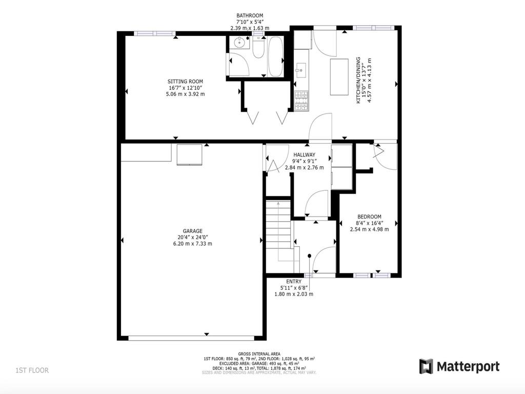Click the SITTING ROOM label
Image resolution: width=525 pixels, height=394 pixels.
[185, 82]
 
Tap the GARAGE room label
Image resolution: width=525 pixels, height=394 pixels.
[192, 231]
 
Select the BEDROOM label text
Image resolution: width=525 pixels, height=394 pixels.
[369, 216]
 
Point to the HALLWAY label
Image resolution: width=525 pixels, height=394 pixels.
[304, 155]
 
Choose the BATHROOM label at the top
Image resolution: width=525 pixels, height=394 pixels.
[250, 16]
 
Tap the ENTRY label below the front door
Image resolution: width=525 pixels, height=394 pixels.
[294, 282]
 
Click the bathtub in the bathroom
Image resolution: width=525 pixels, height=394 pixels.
[275, 56]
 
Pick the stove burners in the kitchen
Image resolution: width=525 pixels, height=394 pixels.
[301, 101]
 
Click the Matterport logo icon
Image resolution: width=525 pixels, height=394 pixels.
[426, 366]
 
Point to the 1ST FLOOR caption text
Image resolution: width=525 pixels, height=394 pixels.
[32, 370]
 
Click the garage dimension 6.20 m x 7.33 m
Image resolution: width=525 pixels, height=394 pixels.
[192, 243]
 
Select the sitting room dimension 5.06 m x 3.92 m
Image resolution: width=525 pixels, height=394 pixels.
[185, 94]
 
